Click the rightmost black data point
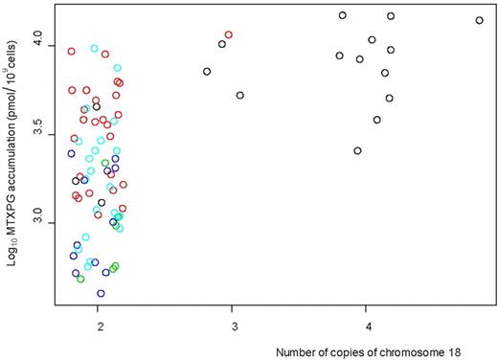click(479, 20)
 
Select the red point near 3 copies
click(228, 34)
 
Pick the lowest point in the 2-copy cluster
click(101, 293)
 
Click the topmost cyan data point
click(94, 48)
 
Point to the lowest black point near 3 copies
click(239, 95)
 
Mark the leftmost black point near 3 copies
click(207, 71)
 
